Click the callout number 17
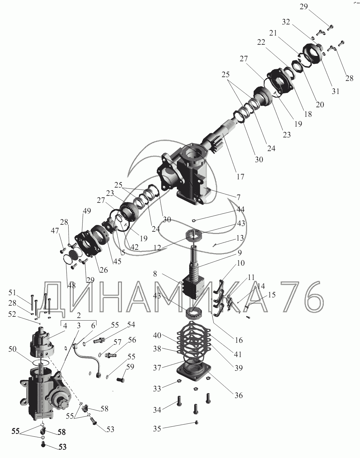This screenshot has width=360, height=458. tap(240, 176)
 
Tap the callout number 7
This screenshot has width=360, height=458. tap(238, 197)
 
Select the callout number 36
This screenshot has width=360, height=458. tap(239, 395)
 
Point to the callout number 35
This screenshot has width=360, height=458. tap(157, 429)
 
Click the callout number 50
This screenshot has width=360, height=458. tap(12, 349)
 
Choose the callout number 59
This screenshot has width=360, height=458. tap(130, 367)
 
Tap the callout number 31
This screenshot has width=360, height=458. tap(336, 91)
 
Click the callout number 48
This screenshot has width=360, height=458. tap(71, 285)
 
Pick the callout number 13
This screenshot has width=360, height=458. tap(240, 238)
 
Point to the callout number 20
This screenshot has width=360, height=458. tap(320, 104)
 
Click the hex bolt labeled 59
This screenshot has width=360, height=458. tap(120, 380)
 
